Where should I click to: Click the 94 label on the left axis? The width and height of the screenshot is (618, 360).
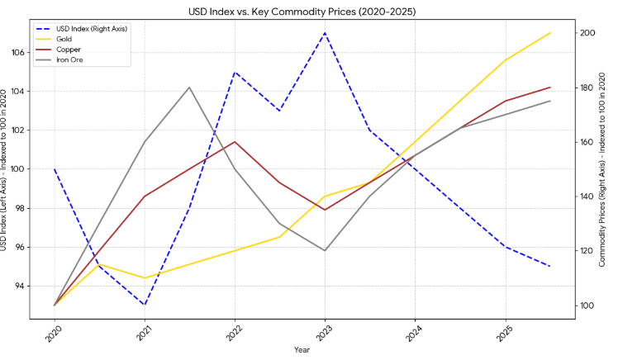pos(40,287)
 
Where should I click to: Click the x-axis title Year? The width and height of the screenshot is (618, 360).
pos(302,350)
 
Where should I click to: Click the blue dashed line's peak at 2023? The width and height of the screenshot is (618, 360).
pos(325,33)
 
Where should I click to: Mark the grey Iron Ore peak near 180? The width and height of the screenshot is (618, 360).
pos(189,88)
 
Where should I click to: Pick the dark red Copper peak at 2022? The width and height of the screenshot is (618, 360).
pos(235,142)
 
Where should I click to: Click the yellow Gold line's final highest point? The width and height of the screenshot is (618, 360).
pos(550,33)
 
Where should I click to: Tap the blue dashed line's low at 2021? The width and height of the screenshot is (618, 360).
pos(145,306)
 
